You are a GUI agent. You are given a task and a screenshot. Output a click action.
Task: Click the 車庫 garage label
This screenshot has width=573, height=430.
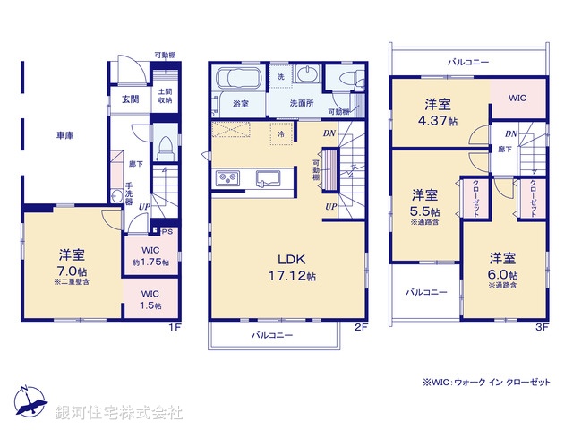[64, 135]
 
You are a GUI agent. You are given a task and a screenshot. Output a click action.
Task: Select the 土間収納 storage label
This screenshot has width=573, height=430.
[166, 96]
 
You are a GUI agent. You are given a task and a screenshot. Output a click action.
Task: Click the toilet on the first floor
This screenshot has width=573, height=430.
[166, 142]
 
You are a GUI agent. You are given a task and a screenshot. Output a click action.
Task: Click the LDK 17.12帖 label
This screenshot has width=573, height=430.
[286, 267]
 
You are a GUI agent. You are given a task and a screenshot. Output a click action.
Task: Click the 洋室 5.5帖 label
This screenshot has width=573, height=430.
[425, 203]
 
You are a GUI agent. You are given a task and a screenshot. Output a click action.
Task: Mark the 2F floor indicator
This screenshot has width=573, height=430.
[360, 328]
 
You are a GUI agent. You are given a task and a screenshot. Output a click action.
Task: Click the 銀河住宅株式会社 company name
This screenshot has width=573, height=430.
[120, 413]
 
